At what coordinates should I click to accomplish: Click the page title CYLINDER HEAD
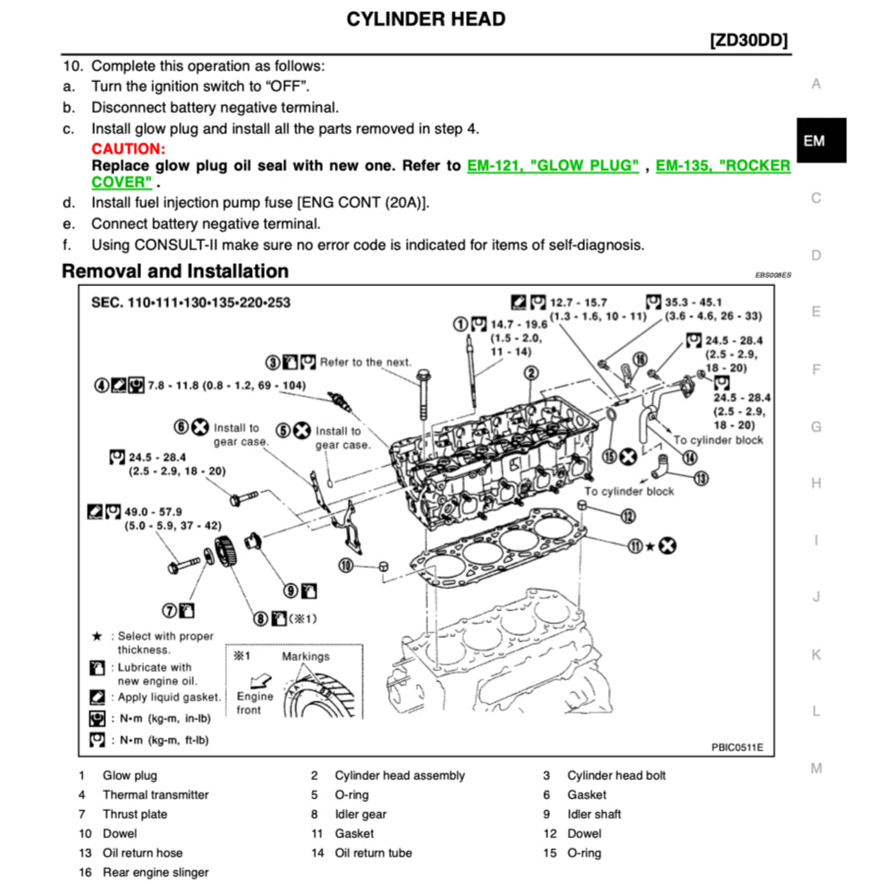pyautogui.click(x=425, y=18)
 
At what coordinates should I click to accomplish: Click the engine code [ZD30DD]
pyautogui.click(x=749, y=42)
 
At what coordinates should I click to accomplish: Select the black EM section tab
pyautogui.click(x=814, y=140)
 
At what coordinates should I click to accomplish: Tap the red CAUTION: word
pyautogui.click(x=128, y=149)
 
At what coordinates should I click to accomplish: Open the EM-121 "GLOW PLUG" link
pyautogui.click(x=553, y=166)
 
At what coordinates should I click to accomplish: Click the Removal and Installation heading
pyautogui.click(x=174, y=271)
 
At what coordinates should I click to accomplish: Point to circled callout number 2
pyautogui.click(x=532, y=373)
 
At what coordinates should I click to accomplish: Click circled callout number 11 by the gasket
pyautogui.click(x=635, y=545)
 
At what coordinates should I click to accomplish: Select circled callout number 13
pyautogui.click(x=701, y=478)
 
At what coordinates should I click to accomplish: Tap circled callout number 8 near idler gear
pyautogui.click(x=262, y=617)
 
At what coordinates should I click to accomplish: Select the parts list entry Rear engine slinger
pyautogui.click(x=155, y=872)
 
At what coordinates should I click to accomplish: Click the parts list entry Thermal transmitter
pyautogui.click(x=155, y=794)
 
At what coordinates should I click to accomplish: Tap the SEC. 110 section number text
pyautogui.click(x=190, y=303)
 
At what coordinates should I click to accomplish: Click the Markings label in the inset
pyautogui.click(x=305, y=656)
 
